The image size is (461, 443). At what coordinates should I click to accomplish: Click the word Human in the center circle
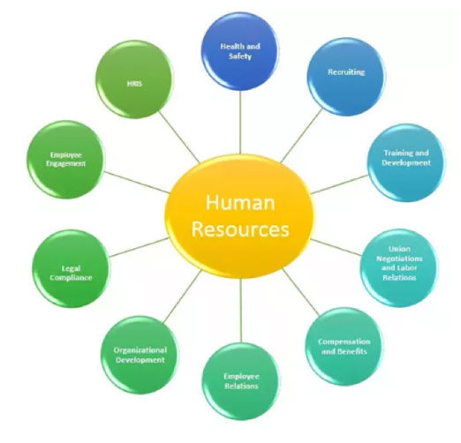point(240,202)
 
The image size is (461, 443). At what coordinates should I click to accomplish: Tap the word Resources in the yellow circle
point(240,229)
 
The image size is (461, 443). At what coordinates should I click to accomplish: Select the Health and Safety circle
point(240,51)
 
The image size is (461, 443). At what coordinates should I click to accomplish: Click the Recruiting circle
point(346,77)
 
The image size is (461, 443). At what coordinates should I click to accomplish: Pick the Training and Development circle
point(406,162)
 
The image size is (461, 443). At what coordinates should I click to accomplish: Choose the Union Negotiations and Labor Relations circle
point(399,268)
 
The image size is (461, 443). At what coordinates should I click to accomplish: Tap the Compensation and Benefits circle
point(344,347)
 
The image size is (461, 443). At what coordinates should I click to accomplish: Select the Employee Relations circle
point(241,381)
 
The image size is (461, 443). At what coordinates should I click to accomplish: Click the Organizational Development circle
point(140,355)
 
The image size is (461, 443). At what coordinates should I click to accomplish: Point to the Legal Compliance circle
point(71,268)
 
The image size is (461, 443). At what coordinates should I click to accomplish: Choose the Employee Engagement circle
point(65,160)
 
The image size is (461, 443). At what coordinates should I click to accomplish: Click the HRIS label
point(134,84)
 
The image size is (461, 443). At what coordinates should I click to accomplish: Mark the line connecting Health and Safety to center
point(240,122)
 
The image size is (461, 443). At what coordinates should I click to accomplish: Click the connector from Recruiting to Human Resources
point(302,136)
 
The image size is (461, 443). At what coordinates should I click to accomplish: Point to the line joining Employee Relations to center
point(241,311)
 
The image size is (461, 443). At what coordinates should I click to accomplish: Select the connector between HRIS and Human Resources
point(179,137)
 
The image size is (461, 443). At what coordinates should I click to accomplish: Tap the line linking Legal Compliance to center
point(140,247)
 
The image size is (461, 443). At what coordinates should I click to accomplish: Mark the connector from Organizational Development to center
point(183,297)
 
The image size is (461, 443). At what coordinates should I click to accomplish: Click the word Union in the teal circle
point(399,249)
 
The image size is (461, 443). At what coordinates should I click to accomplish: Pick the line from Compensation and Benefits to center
point(300,292)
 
